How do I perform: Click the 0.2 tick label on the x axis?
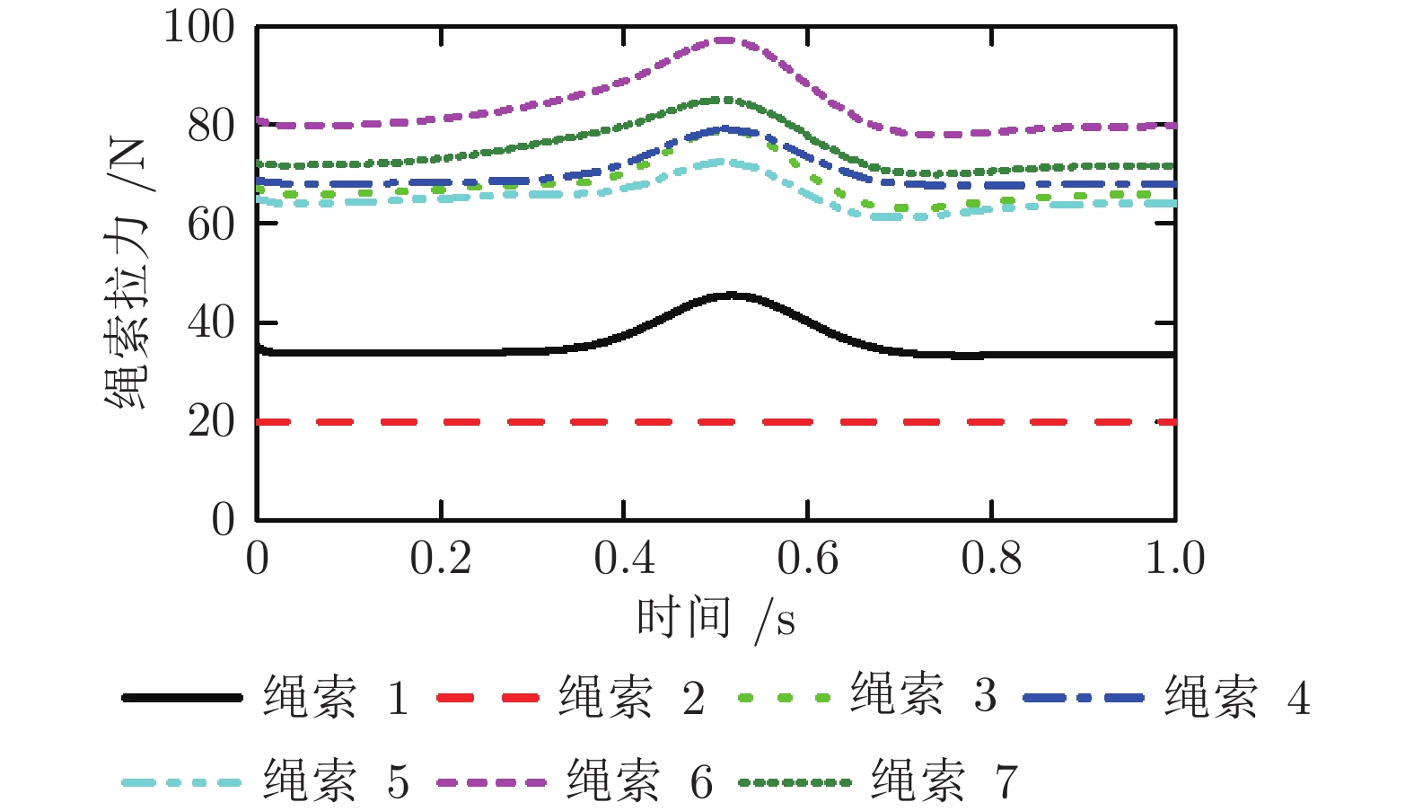(x=441, y=559)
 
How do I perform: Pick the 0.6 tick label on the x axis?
(x=807, y=559)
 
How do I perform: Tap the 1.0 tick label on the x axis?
(x=1174, y=559)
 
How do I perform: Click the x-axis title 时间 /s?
(x=716, y=619)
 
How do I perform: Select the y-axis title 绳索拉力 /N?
(x=127, y=274)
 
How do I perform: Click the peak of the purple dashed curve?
(x=725, y=40)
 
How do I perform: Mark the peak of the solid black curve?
(x=732, y=295)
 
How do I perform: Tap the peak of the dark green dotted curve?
(x=726, y=99)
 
